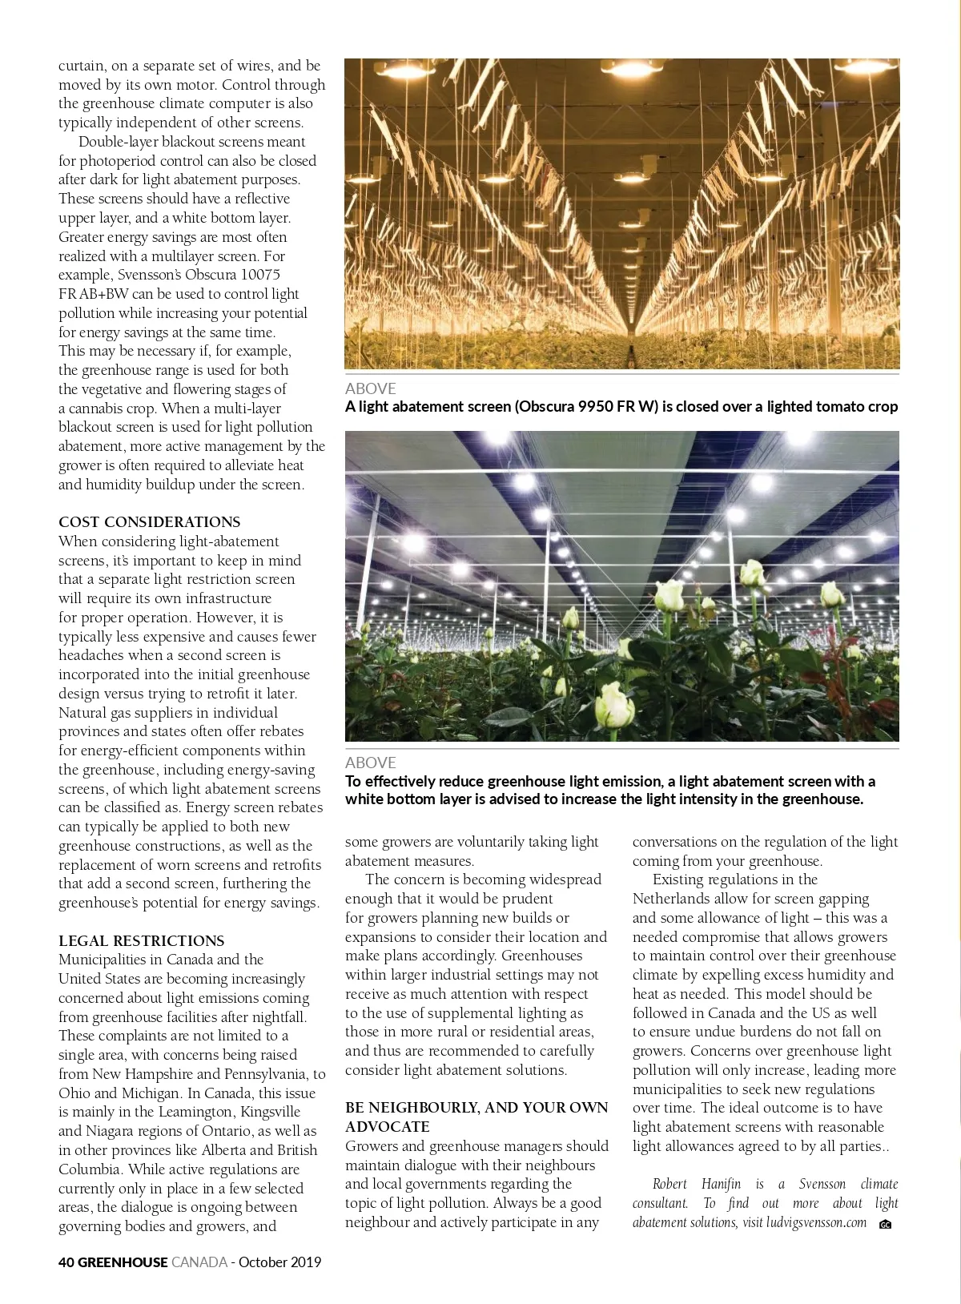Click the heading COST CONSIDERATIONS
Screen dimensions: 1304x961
149,522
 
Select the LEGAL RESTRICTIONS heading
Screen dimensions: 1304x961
141,941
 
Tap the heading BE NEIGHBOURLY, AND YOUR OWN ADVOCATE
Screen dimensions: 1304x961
476,1117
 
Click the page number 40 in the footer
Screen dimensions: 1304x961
66,1262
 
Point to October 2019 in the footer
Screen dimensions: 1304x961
279,1262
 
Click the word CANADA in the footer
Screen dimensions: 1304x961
199,1262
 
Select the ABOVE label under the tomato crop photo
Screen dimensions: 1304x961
370,388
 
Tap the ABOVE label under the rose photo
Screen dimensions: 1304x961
370,763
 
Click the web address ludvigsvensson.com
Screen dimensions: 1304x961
816,1222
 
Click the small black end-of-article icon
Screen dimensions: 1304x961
885,1224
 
